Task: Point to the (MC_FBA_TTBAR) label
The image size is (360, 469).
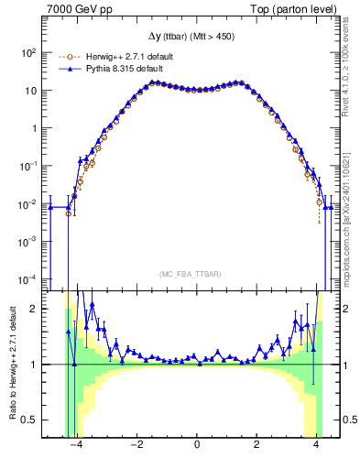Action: pyautogui.click(x=197, y=274)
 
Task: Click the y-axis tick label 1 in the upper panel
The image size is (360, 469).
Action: pyautogui.click(x=35, y=128)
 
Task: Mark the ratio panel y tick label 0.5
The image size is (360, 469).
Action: pyautogui.click(x=30, y=420)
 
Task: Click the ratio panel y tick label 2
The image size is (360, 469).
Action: pyautogui.click(x=35, y=309)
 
